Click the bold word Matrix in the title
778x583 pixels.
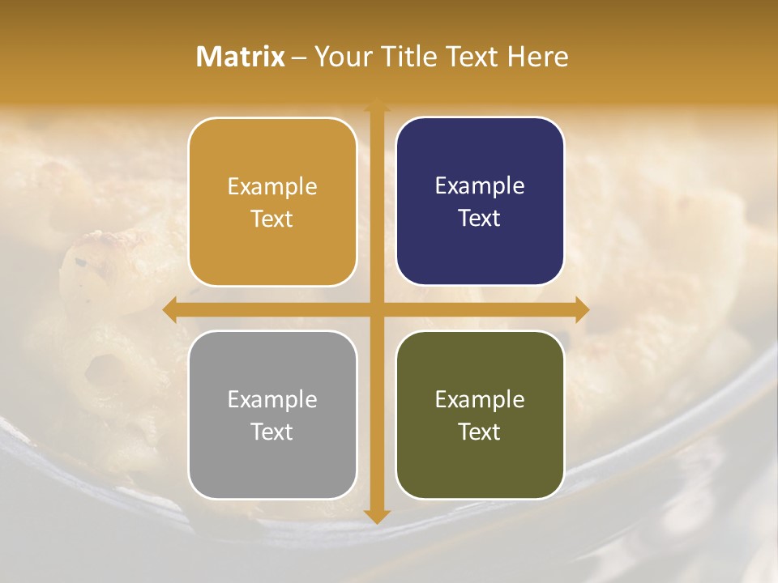pos(241,57)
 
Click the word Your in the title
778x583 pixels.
pos(340,57)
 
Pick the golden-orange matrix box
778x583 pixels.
pos(272,202)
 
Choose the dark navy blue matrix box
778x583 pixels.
pos(480,202)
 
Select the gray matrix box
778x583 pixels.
pos(272,415)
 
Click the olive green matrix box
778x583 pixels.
pos(480,415)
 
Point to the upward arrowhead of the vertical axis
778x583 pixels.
pos(376,104)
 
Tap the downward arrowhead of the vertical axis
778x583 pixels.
pos(376,517)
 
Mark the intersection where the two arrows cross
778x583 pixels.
pos(376,309)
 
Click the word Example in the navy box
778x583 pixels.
pos(480,186)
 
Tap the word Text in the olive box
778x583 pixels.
pos(480,432)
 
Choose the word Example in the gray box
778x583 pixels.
pos(272,399)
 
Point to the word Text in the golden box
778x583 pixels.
pos(272,219)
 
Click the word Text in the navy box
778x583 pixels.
pos(480,219)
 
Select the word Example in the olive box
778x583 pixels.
pos(480,399)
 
